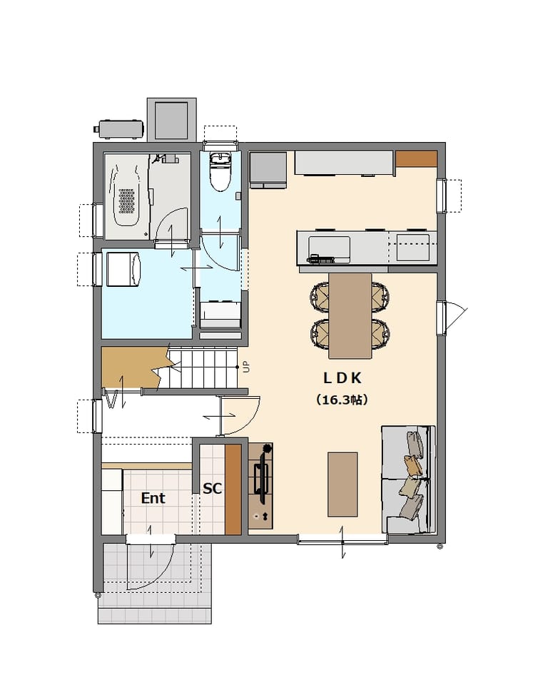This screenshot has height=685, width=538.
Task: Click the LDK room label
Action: pos(342,378)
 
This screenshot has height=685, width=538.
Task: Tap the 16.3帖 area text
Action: pos(342,400)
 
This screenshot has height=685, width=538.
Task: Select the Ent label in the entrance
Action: pos(153,498)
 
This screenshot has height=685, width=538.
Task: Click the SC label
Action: pos(212,488)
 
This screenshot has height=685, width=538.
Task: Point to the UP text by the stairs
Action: pos(247,367)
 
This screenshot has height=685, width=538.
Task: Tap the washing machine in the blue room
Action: pos(123,269)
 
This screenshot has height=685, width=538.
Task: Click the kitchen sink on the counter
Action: pos(329,248)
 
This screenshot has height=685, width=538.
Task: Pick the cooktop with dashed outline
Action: pos(412,248)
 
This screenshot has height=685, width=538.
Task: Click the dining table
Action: pos(350,316)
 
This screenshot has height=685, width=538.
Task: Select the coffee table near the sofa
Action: pos(342,484)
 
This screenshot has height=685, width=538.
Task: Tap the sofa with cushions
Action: pos(409,479)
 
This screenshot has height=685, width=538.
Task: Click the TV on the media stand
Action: pos(263,478)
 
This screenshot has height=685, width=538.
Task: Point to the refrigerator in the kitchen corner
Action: pos(268,170)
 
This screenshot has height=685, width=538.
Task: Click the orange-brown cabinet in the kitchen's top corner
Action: pos(417,158)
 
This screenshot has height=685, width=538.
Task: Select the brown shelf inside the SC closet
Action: pos(233,489)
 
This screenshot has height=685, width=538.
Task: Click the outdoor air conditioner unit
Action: pos(119,129)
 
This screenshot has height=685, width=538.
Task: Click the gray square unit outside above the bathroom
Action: pos(172,120)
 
